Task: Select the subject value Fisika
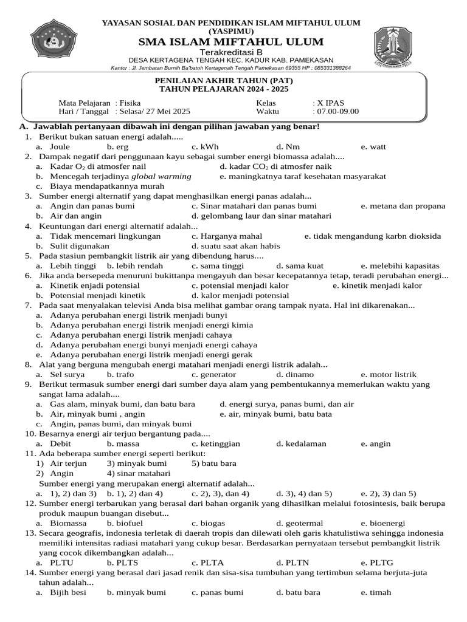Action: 131,103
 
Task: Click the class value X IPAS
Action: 330,103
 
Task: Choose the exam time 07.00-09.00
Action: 338,111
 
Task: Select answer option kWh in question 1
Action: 205,146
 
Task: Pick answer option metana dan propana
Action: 403,206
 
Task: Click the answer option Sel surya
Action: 66,375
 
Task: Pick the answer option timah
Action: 376,592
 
